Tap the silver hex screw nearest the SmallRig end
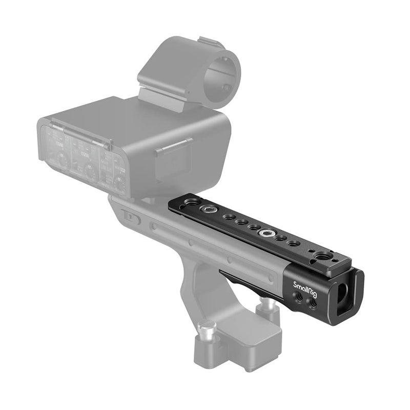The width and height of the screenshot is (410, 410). (266, 233)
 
